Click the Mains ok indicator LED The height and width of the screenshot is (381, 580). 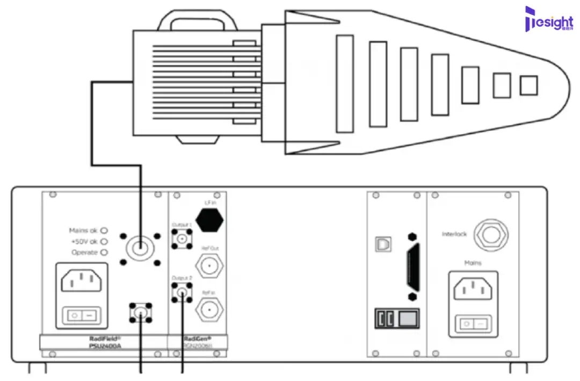tap(104, 229)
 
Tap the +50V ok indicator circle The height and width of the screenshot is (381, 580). tap(104, 241)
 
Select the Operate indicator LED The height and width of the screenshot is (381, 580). tap(104, 253)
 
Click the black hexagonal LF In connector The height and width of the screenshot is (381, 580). tap(209, 219)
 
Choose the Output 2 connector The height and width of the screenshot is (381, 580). tap(182, 293)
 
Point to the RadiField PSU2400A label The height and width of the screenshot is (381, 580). tap(105, 342)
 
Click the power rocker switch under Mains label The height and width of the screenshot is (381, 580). tap(473, 324)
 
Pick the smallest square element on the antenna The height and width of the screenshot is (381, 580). tap(528, 85)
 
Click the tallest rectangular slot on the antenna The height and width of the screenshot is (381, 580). tap(345, 84)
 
